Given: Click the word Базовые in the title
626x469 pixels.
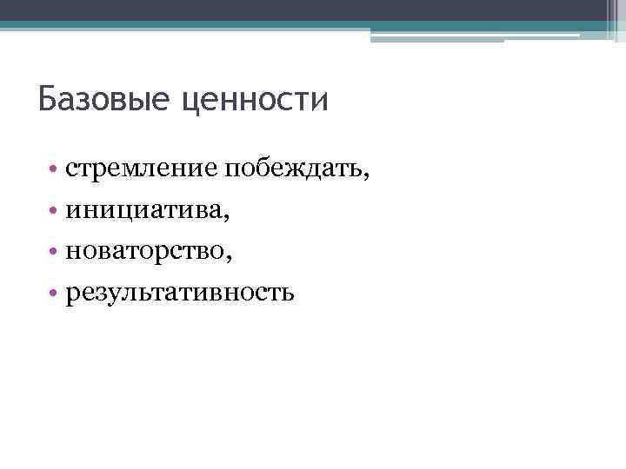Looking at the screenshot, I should [x=103, y=99].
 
